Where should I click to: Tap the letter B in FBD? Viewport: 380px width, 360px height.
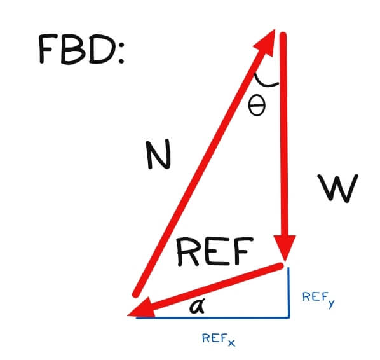coord(73,49)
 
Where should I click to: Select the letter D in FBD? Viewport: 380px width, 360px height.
coord(102,49)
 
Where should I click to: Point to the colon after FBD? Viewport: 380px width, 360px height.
coord(121,52)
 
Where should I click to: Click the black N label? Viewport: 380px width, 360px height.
coord(158,155)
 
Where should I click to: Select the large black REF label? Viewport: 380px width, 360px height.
coord(215,251)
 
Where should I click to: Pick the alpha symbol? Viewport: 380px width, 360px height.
coord(197,306)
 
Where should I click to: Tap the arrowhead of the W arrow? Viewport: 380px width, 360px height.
coord(285,248)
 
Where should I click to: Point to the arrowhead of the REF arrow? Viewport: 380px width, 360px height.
coord(140,308)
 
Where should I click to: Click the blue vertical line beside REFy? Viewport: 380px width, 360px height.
coord(288,293)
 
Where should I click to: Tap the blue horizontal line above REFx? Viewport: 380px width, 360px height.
coord(212,317)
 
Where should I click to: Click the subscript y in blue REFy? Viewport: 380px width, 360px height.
coord(331,304)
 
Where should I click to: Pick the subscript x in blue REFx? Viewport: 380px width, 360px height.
coord(231,343)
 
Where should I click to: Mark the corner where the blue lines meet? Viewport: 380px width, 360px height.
coord(288,317)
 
